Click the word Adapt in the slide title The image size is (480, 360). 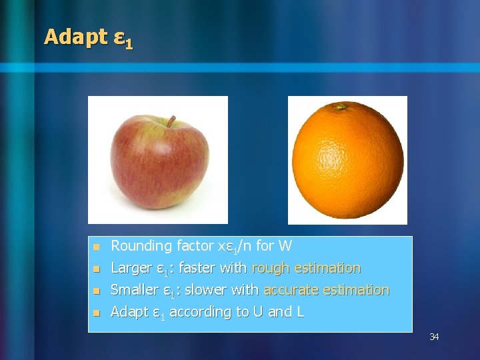coord(75,37)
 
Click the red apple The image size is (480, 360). coord(159,161)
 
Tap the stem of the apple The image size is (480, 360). coord(171,121)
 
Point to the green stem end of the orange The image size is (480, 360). coord(342,106)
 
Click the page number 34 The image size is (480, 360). coord(434,337)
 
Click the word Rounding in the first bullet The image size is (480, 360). coord(141,246)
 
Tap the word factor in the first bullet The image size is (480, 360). coord(195,246)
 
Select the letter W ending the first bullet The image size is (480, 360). coord(285,246)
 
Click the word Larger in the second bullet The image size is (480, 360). coord(130,268)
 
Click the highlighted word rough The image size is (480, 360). coord(270,268)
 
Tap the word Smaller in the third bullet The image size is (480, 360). coord(134,290)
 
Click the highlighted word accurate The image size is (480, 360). coord(291,290)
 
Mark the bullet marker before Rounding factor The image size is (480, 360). coord(96,247)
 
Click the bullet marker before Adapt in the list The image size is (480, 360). coord(96,313)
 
